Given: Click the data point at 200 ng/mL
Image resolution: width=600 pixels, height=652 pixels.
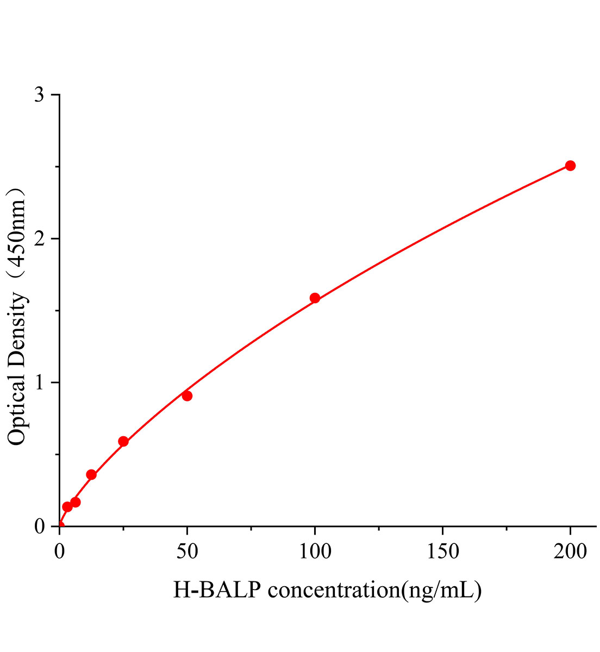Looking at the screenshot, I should coord(570,166).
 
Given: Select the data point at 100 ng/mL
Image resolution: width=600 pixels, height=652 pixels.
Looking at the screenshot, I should coord(315,298).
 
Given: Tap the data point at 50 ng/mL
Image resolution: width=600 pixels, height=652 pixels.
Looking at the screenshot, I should coord(187,396).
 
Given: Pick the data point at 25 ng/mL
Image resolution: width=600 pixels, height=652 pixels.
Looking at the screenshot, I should coord(123,441).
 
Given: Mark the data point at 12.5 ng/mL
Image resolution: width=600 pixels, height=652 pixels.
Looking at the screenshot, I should coord(91,474).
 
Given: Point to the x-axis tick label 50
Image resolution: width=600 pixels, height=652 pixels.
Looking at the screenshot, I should coord(187,552).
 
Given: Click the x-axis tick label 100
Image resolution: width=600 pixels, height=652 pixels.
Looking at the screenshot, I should coord(315,552).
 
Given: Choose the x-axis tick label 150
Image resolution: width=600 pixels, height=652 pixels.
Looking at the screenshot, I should coord(442,552).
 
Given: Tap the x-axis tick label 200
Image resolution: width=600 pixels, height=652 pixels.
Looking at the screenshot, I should coord(570,552).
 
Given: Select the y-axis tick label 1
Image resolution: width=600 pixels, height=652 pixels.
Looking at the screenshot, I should coord(39,383).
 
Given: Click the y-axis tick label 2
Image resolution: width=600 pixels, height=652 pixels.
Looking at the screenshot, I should coord(39,239).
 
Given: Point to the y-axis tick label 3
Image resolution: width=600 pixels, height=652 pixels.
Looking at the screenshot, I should coord(39,95).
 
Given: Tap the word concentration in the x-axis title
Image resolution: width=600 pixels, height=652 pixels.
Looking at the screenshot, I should coord(333,590).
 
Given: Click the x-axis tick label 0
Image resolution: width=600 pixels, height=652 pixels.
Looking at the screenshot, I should coord(60,552).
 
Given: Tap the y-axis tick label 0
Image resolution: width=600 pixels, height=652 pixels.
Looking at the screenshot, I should coord(39,526).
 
